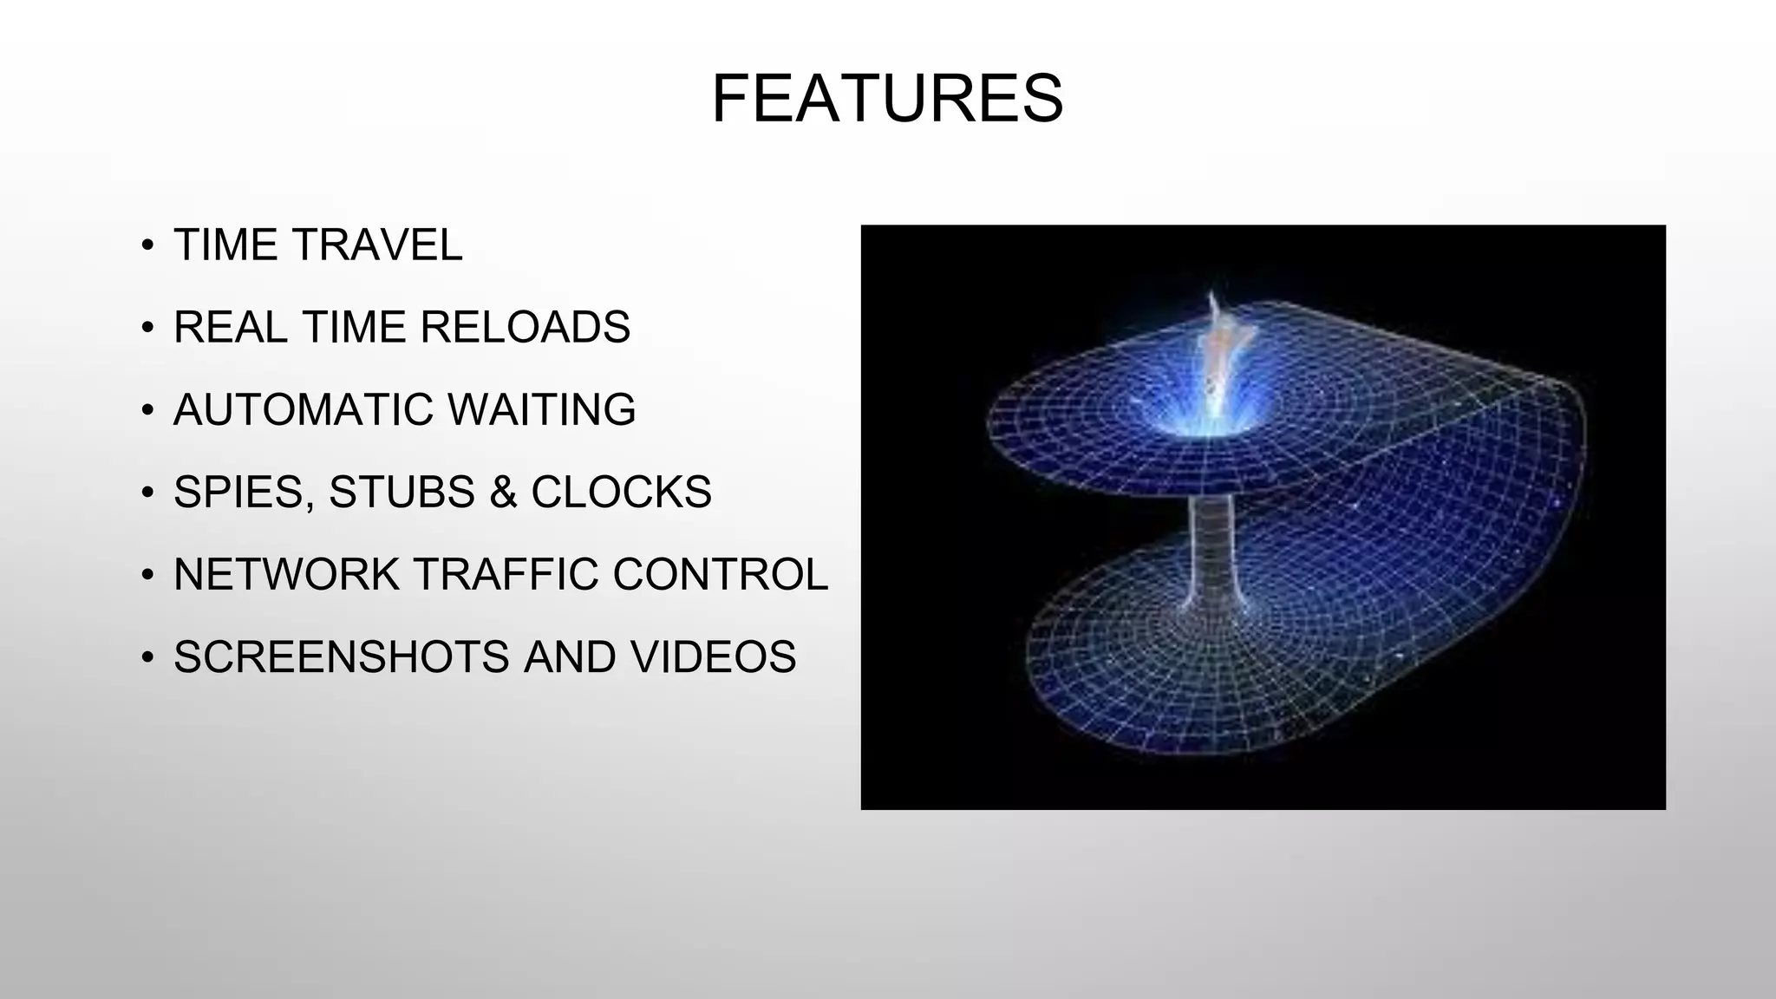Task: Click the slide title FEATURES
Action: [887, 99]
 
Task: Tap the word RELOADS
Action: [525, 327]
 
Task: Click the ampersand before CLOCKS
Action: [503, 492]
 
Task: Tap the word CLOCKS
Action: [621, 492]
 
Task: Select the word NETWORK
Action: [285, 574]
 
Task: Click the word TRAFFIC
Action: [505, 574]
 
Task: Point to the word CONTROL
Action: [720, 574]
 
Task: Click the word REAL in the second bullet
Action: [231, 327]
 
